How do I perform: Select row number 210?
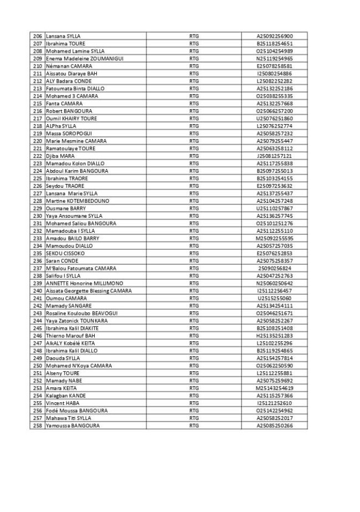pyautogui.click(x=38, y=66)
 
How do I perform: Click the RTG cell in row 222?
pyautogui.click(x=194, y=156)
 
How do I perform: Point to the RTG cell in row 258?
pyautogui.click(x=194, y=426)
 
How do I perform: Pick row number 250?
pyautogui.click(x=38, y=366)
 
